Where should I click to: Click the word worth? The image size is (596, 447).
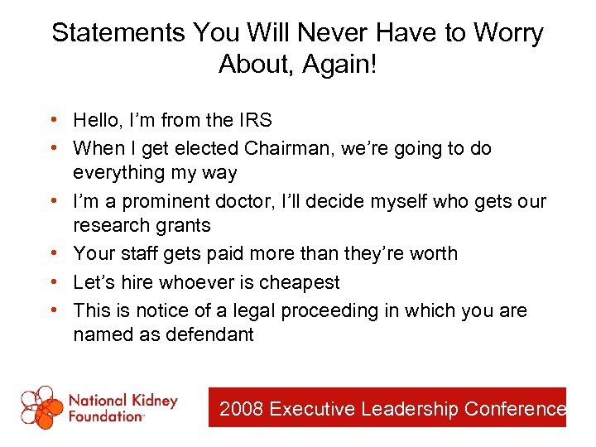click(432, 253)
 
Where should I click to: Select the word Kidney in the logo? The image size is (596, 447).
click(152, 401)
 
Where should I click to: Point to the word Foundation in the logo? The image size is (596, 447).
click(106, 416)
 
